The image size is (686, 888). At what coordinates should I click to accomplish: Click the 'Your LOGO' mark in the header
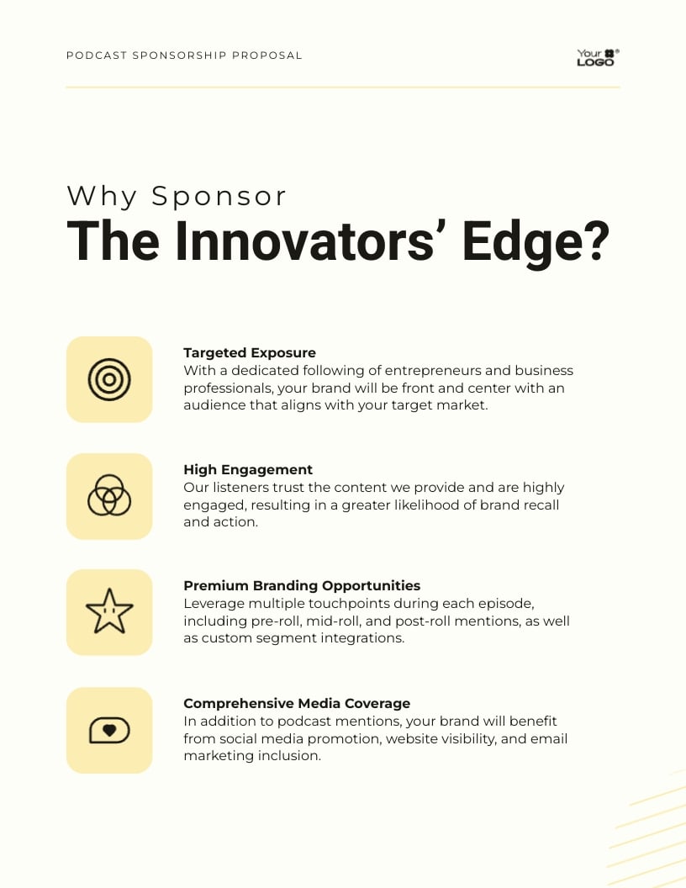597,57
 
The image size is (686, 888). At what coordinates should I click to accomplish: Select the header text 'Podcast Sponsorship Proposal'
184,55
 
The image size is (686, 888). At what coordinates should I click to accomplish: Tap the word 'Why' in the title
102,196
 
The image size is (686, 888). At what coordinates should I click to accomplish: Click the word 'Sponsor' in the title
219,196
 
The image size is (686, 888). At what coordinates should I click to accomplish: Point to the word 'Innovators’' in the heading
298,240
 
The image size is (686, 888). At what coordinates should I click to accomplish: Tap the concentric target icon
109,379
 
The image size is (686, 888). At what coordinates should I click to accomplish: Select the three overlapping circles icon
109,495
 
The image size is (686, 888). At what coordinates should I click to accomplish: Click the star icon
109,612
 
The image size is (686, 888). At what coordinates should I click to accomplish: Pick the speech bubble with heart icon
109,730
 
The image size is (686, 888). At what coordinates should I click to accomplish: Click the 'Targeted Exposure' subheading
250,353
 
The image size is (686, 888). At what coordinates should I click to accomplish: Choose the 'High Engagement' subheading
248,470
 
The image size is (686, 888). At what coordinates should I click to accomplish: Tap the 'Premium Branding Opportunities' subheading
302,586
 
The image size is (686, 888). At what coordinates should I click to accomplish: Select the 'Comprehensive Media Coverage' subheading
297,704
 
